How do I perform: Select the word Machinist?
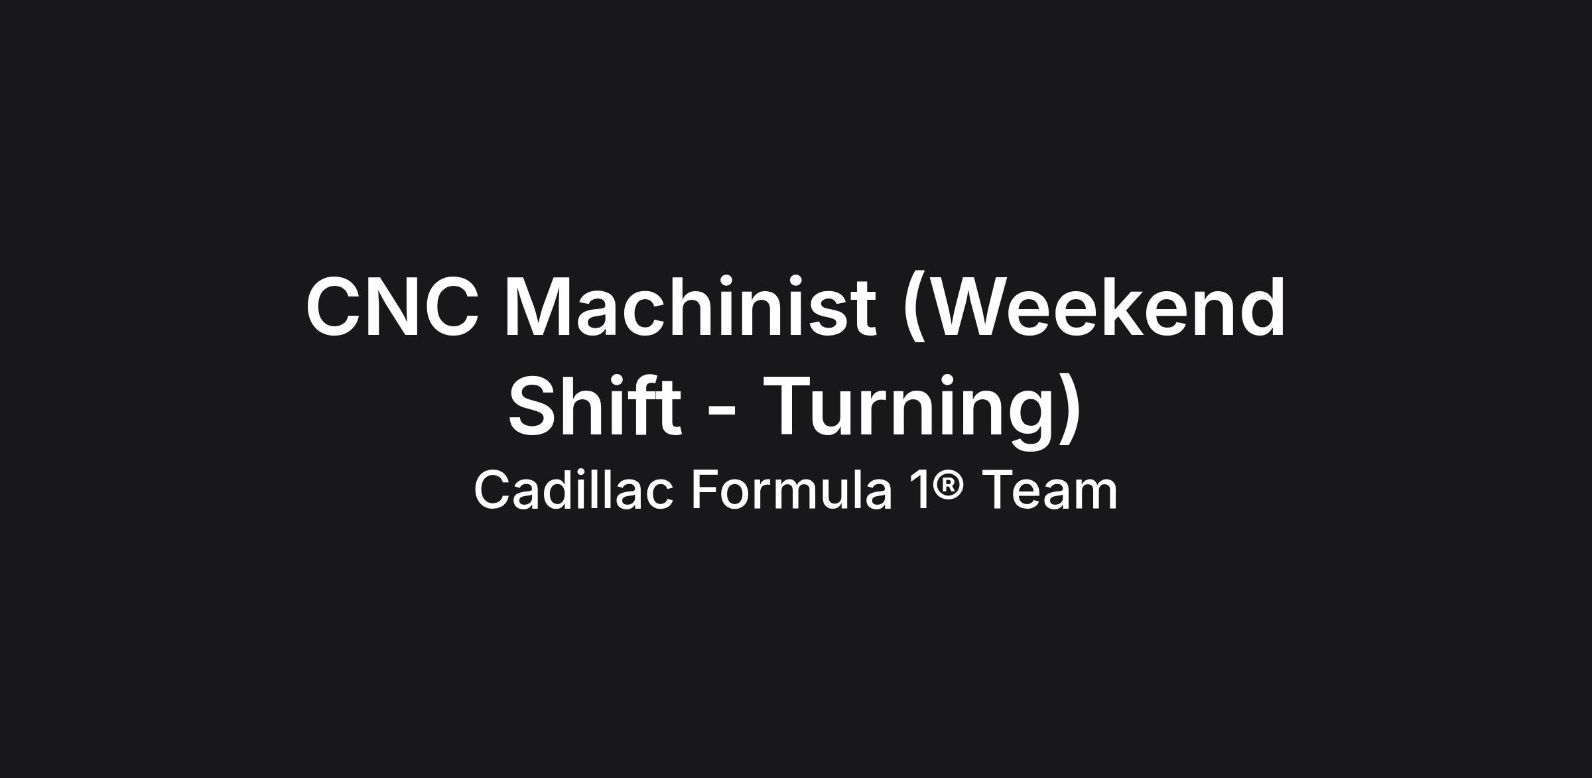(691, 306)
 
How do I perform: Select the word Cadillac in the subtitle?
(574, 489)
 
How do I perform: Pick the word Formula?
(791, 489)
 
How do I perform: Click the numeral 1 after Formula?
(919, 489)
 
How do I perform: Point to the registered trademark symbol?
(949, 482)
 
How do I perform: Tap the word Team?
(1049, 489)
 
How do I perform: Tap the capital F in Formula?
(706, 489)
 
